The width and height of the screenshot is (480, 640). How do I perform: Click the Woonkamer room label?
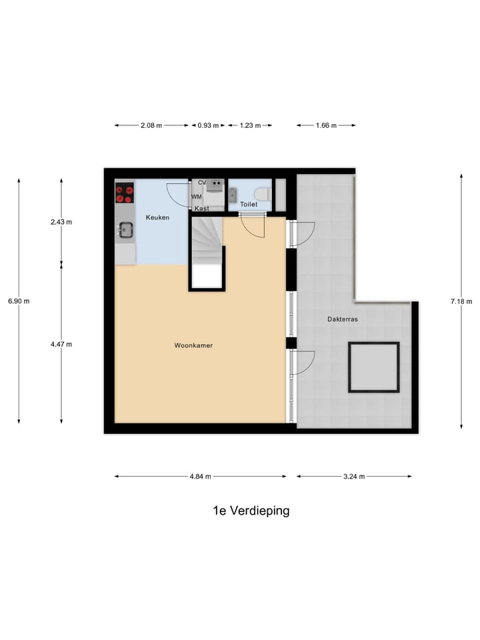[x=193, y=345]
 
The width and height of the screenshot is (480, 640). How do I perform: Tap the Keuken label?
[x=158, y=217]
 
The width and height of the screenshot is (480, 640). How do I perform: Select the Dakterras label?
[x=343, y=319]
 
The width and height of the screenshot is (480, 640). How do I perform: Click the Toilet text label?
[x=249, y=205]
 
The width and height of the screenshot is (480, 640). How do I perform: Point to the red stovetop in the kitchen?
[x=125, y=193]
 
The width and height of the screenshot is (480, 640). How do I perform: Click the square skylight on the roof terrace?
[x=373, y=367]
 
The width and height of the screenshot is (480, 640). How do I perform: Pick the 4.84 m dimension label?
[x=200, y=476]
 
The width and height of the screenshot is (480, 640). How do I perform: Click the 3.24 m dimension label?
[x=353, y=476]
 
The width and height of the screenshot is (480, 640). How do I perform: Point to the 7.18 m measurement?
[x=461, y=301]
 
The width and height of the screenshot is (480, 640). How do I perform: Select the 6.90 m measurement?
[x=19, y=301]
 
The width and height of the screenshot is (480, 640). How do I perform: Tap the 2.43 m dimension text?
[x=61, y=222]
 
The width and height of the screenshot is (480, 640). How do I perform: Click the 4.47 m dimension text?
[x=61, y=344]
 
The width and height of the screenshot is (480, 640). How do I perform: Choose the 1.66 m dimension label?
[x=326, y=125]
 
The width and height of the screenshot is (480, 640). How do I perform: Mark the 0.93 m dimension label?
[x=208, y=125]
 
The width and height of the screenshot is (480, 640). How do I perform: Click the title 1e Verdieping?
[x=251, y=511]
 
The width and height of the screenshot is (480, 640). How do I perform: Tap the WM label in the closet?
[x=197, y=197]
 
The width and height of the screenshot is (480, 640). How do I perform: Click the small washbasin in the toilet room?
[x=233, y=194]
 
